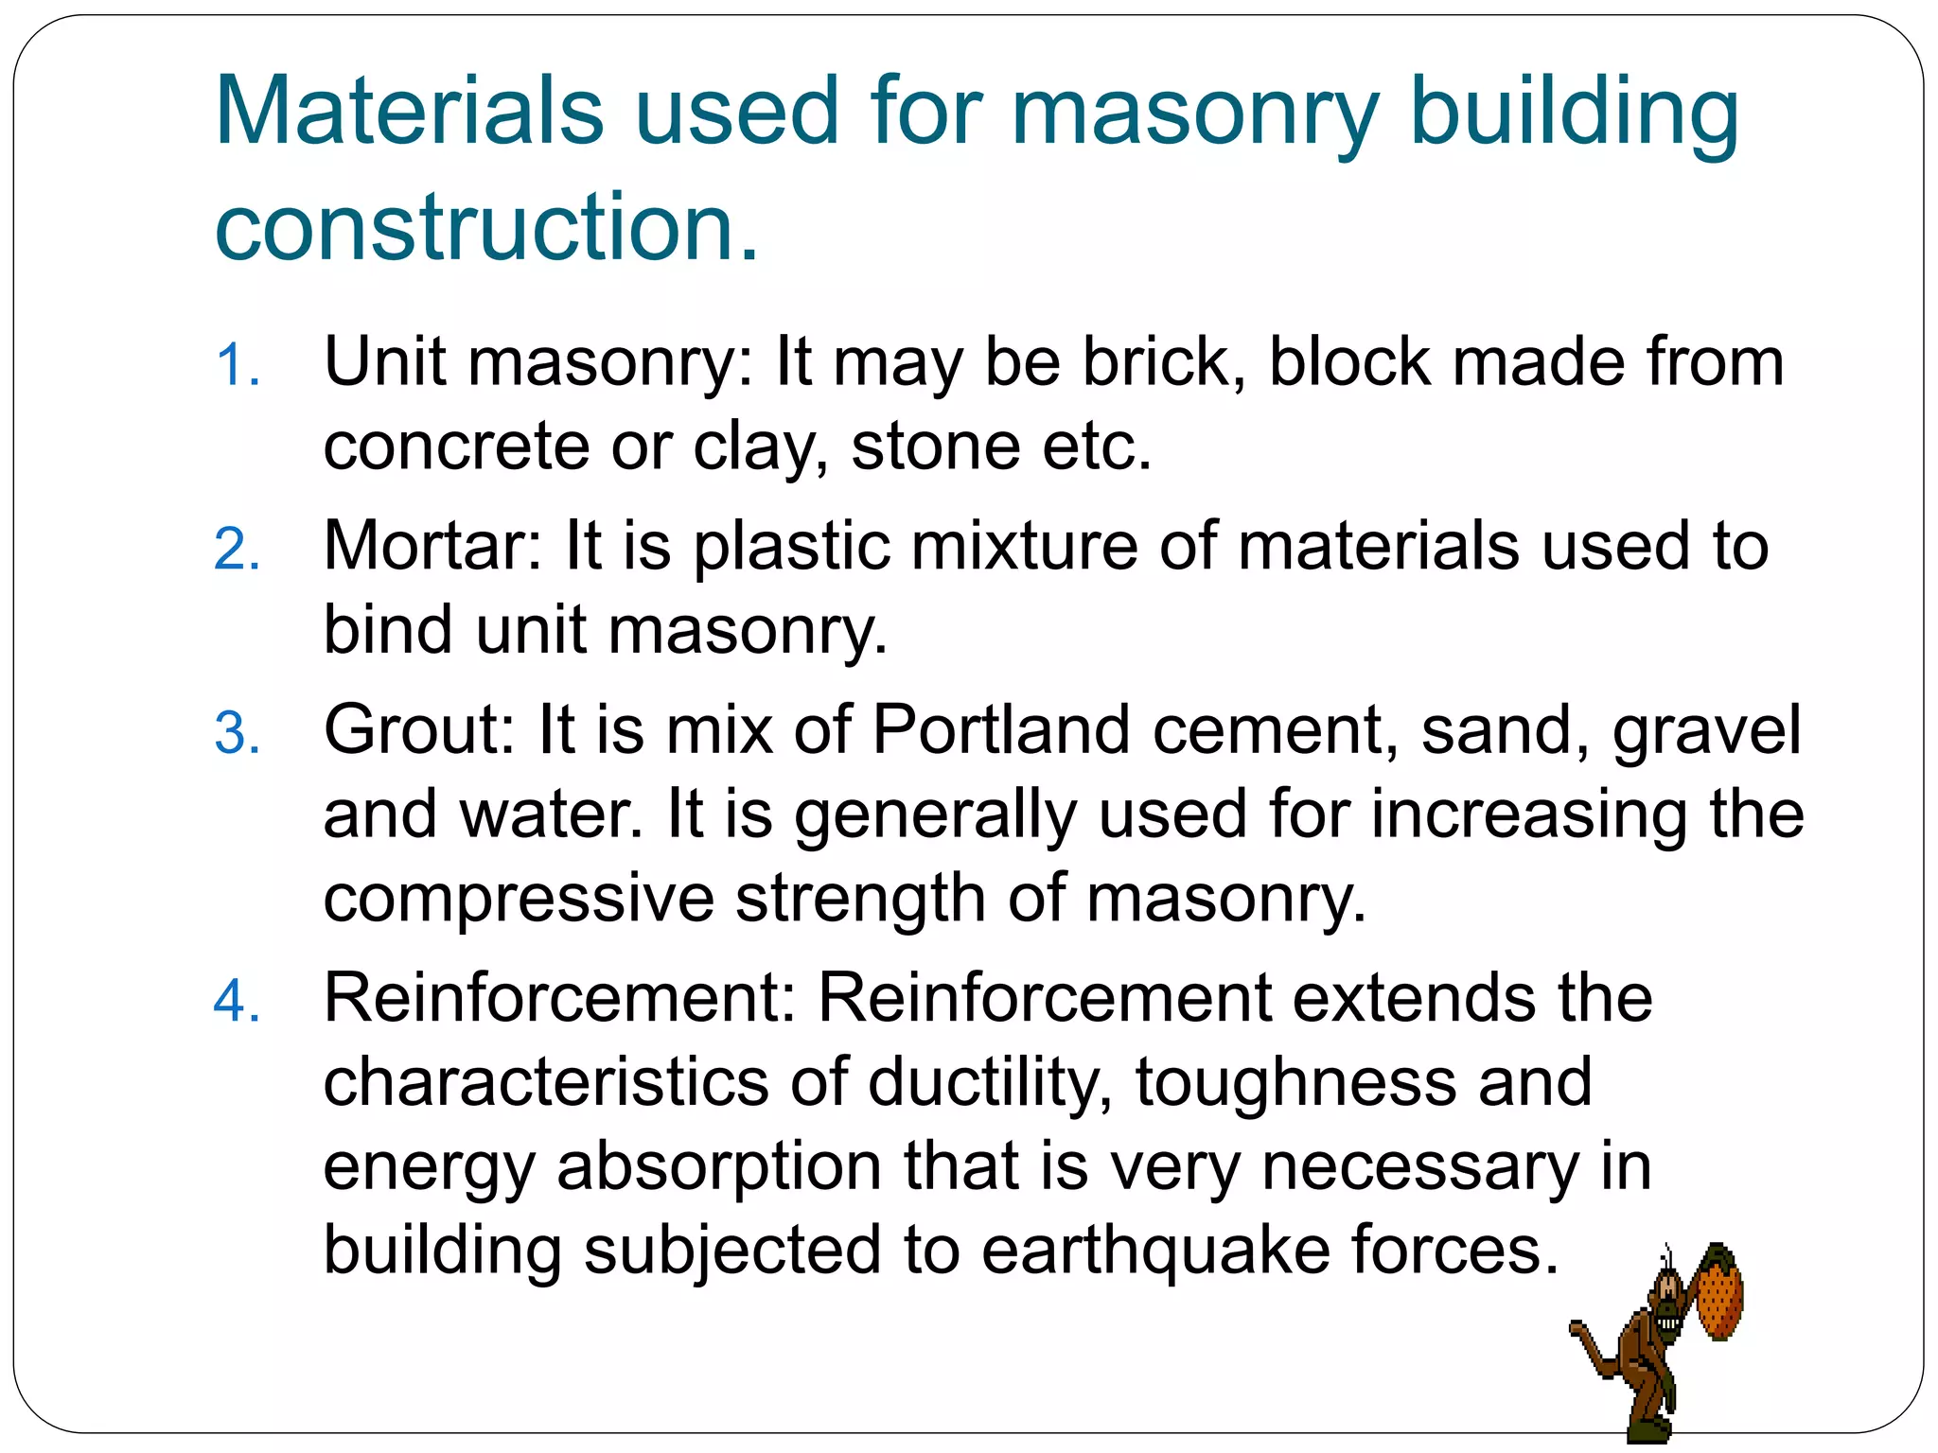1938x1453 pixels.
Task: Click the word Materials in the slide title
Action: coord(409,111)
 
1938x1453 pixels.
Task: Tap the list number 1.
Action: coord(237,366)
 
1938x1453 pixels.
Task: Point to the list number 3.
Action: coord(237,734)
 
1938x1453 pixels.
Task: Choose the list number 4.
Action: coord(237,1002)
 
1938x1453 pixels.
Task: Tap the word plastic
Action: coord(791,548)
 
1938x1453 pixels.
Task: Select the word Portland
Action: coord(1000,730)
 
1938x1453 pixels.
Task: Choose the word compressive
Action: coord(519,899)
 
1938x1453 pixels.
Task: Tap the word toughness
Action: coord(1295,1083)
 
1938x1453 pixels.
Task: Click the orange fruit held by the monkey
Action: coord(1718,1293)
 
